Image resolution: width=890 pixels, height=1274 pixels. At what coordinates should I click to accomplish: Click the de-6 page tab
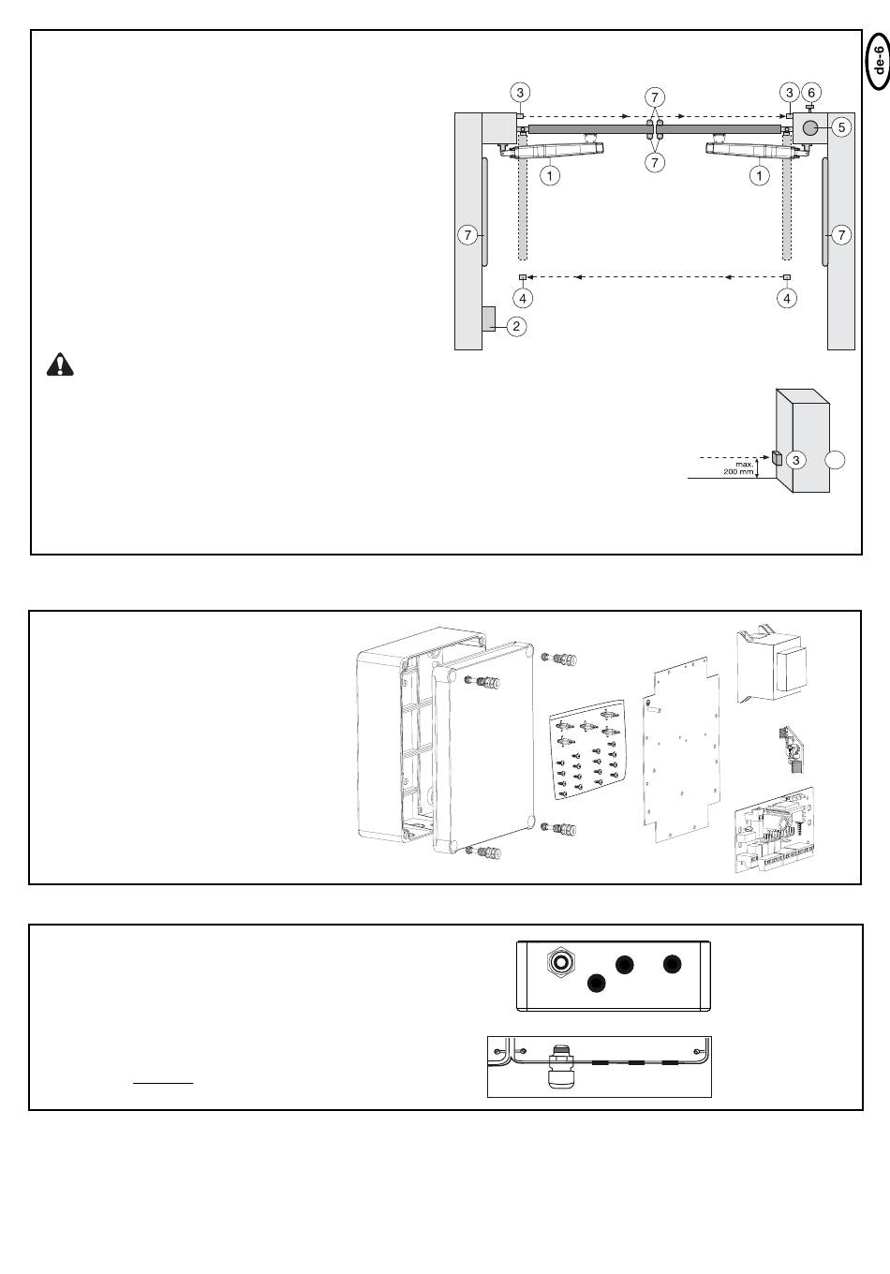[x=877, y=61]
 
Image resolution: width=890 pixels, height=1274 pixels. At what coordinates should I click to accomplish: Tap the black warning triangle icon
[x=60, y=364]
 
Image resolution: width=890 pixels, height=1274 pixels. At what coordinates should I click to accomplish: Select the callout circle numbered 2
[x=516, y=326]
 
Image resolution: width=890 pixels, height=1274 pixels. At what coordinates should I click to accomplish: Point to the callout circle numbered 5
[x=840, y=126]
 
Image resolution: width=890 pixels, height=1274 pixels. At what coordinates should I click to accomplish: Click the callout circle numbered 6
[x=812, y=92]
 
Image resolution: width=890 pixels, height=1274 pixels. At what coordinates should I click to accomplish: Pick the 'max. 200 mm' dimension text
[x=738, y=467]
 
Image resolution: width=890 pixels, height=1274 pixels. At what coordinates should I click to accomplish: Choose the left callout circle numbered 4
[x=523, y=298]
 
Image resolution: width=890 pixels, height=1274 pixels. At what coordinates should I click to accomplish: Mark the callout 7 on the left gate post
[x=467, y=235]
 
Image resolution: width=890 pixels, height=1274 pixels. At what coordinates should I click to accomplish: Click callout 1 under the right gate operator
[x=759, y=174]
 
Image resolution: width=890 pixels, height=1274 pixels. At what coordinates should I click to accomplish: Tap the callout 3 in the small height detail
[x=795, y=460]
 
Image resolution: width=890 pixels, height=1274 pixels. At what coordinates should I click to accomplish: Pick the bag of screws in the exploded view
[x=586, y=755]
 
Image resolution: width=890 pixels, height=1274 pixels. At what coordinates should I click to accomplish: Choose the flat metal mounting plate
[x=684, y=746]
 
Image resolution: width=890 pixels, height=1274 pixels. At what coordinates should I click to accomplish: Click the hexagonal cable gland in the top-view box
[x=560, y=961]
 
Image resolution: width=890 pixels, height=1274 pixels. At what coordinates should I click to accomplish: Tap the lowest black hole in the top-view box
[x=595, y=983]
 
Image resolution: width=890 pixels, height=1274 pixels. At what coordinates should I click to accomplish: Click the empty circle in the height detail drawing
[x=837, y=460]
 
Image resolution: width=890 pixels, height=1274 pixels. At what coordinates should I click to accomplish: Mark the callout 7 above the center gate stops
[x=655, y=96]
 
